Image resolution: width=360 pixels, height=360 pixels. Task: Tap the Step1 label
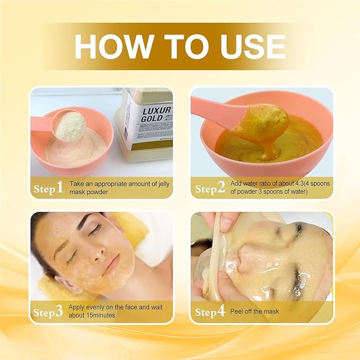48,187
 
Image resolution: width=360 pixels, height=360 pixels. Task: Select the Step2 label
210,188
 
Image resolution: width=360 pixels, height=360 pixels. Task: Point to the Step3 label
48,312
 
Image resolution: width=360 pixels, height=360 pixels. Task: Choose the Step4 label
210,312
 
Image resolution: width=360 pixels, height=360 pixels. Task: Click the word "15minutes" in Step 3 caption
109,315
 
